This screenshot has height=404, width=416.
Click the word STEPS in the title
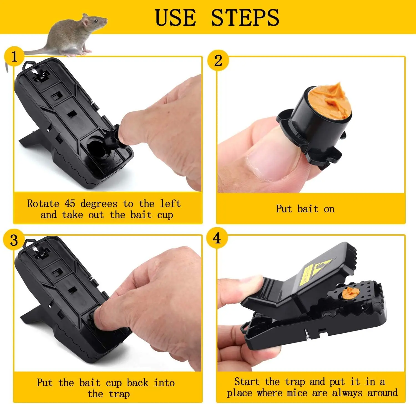click(245, 18)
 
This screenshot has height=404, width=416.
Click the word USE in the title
click(175, 18)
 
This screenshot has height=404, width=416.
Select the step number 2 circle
click(218, 60)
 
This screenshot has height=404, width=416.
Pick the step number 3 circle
click(14, 240)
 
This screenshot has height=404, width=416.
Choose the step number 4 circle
click(217, 238)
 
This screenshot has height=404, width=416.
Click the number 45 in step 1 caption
click(70, 204)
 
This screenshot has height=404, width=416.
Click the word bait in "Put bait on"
click(308, 209)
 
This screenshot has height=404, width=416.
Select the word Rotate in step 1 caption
click(43, 204)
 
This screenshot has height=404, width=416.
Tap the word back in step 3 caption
click(137, 383)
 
